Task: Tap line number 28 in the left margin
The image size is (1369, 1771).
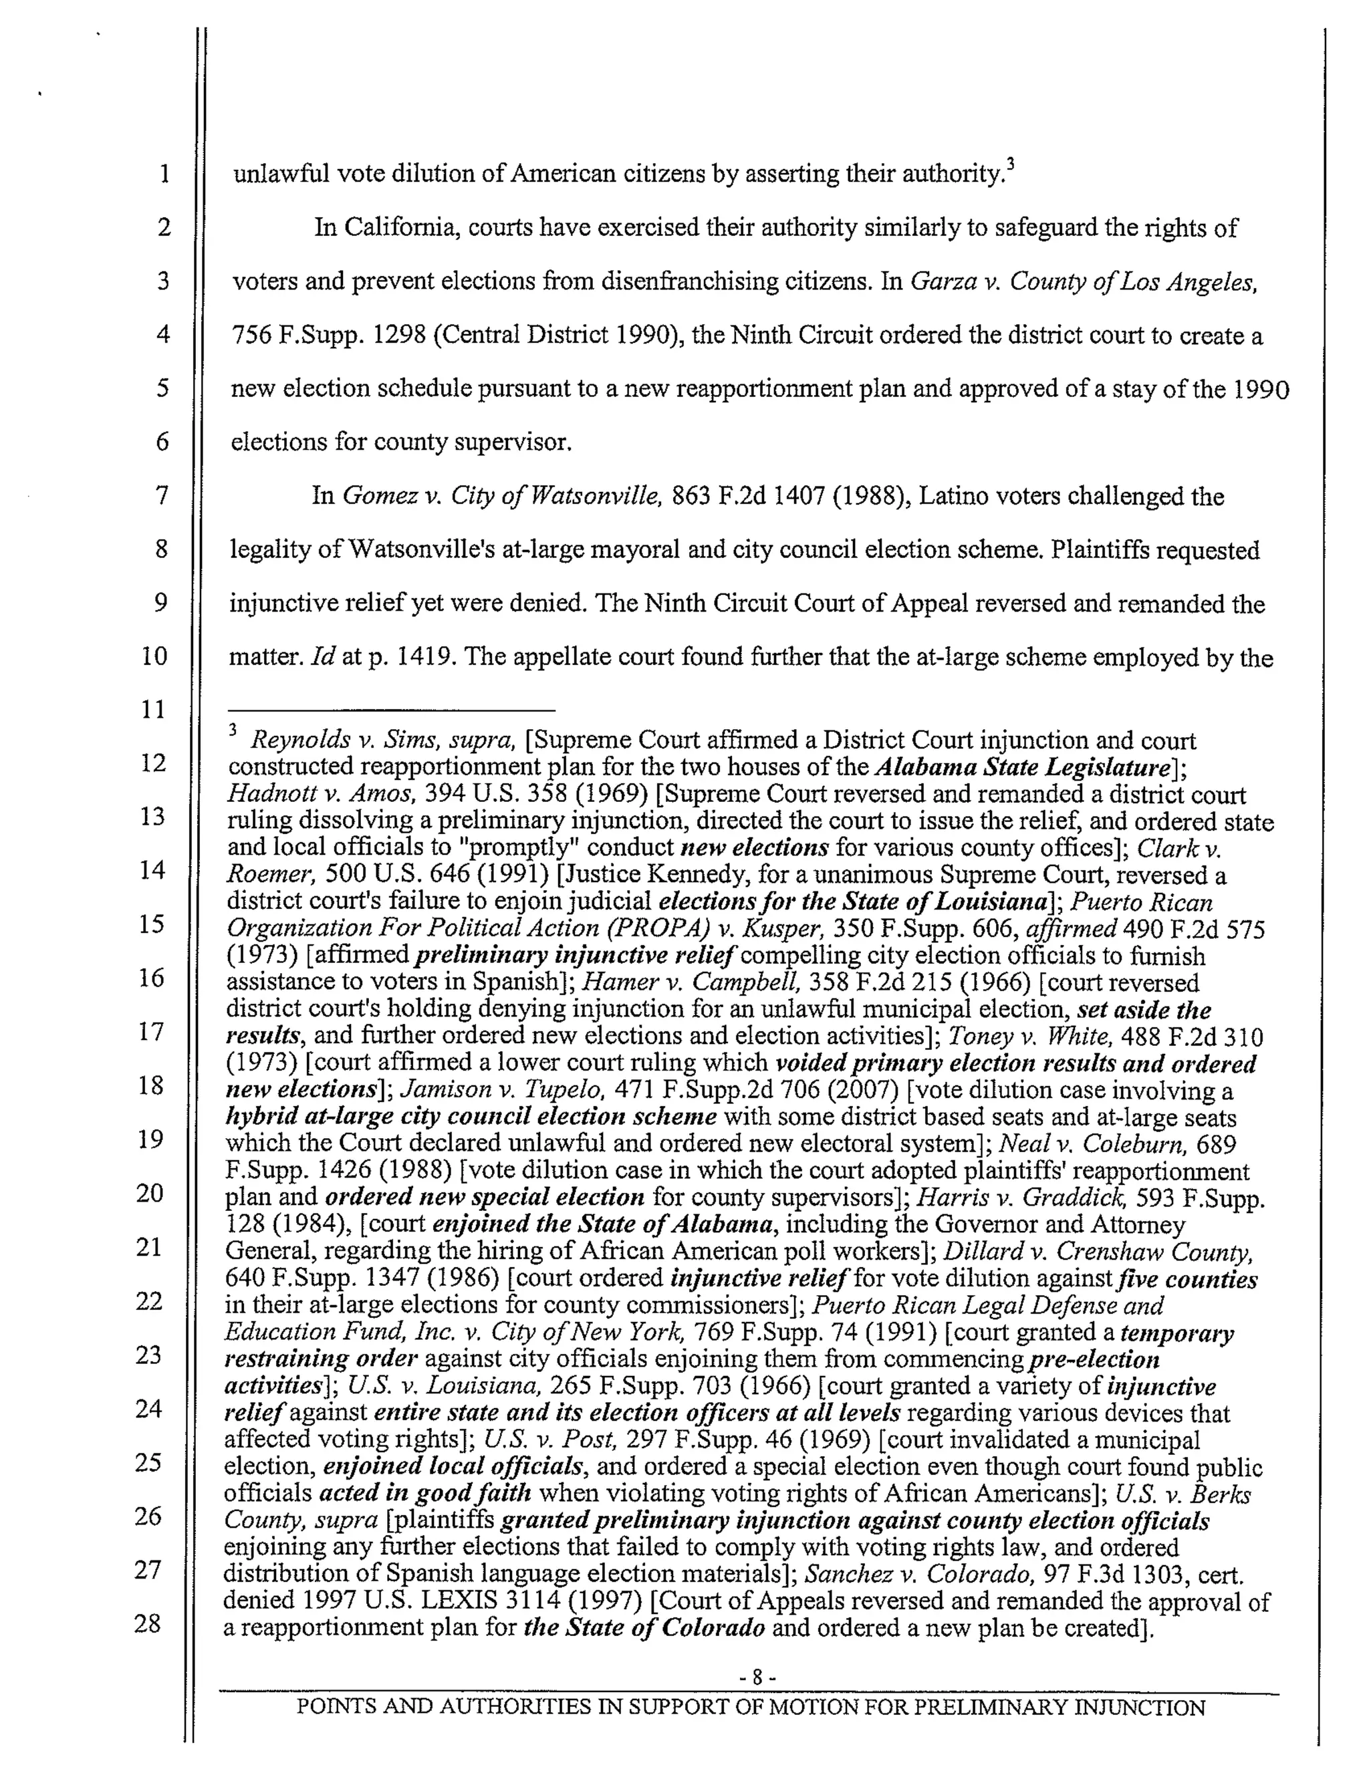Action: (149, 1623)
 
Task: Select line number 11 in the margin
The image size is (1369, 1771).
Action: (153, 710)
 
